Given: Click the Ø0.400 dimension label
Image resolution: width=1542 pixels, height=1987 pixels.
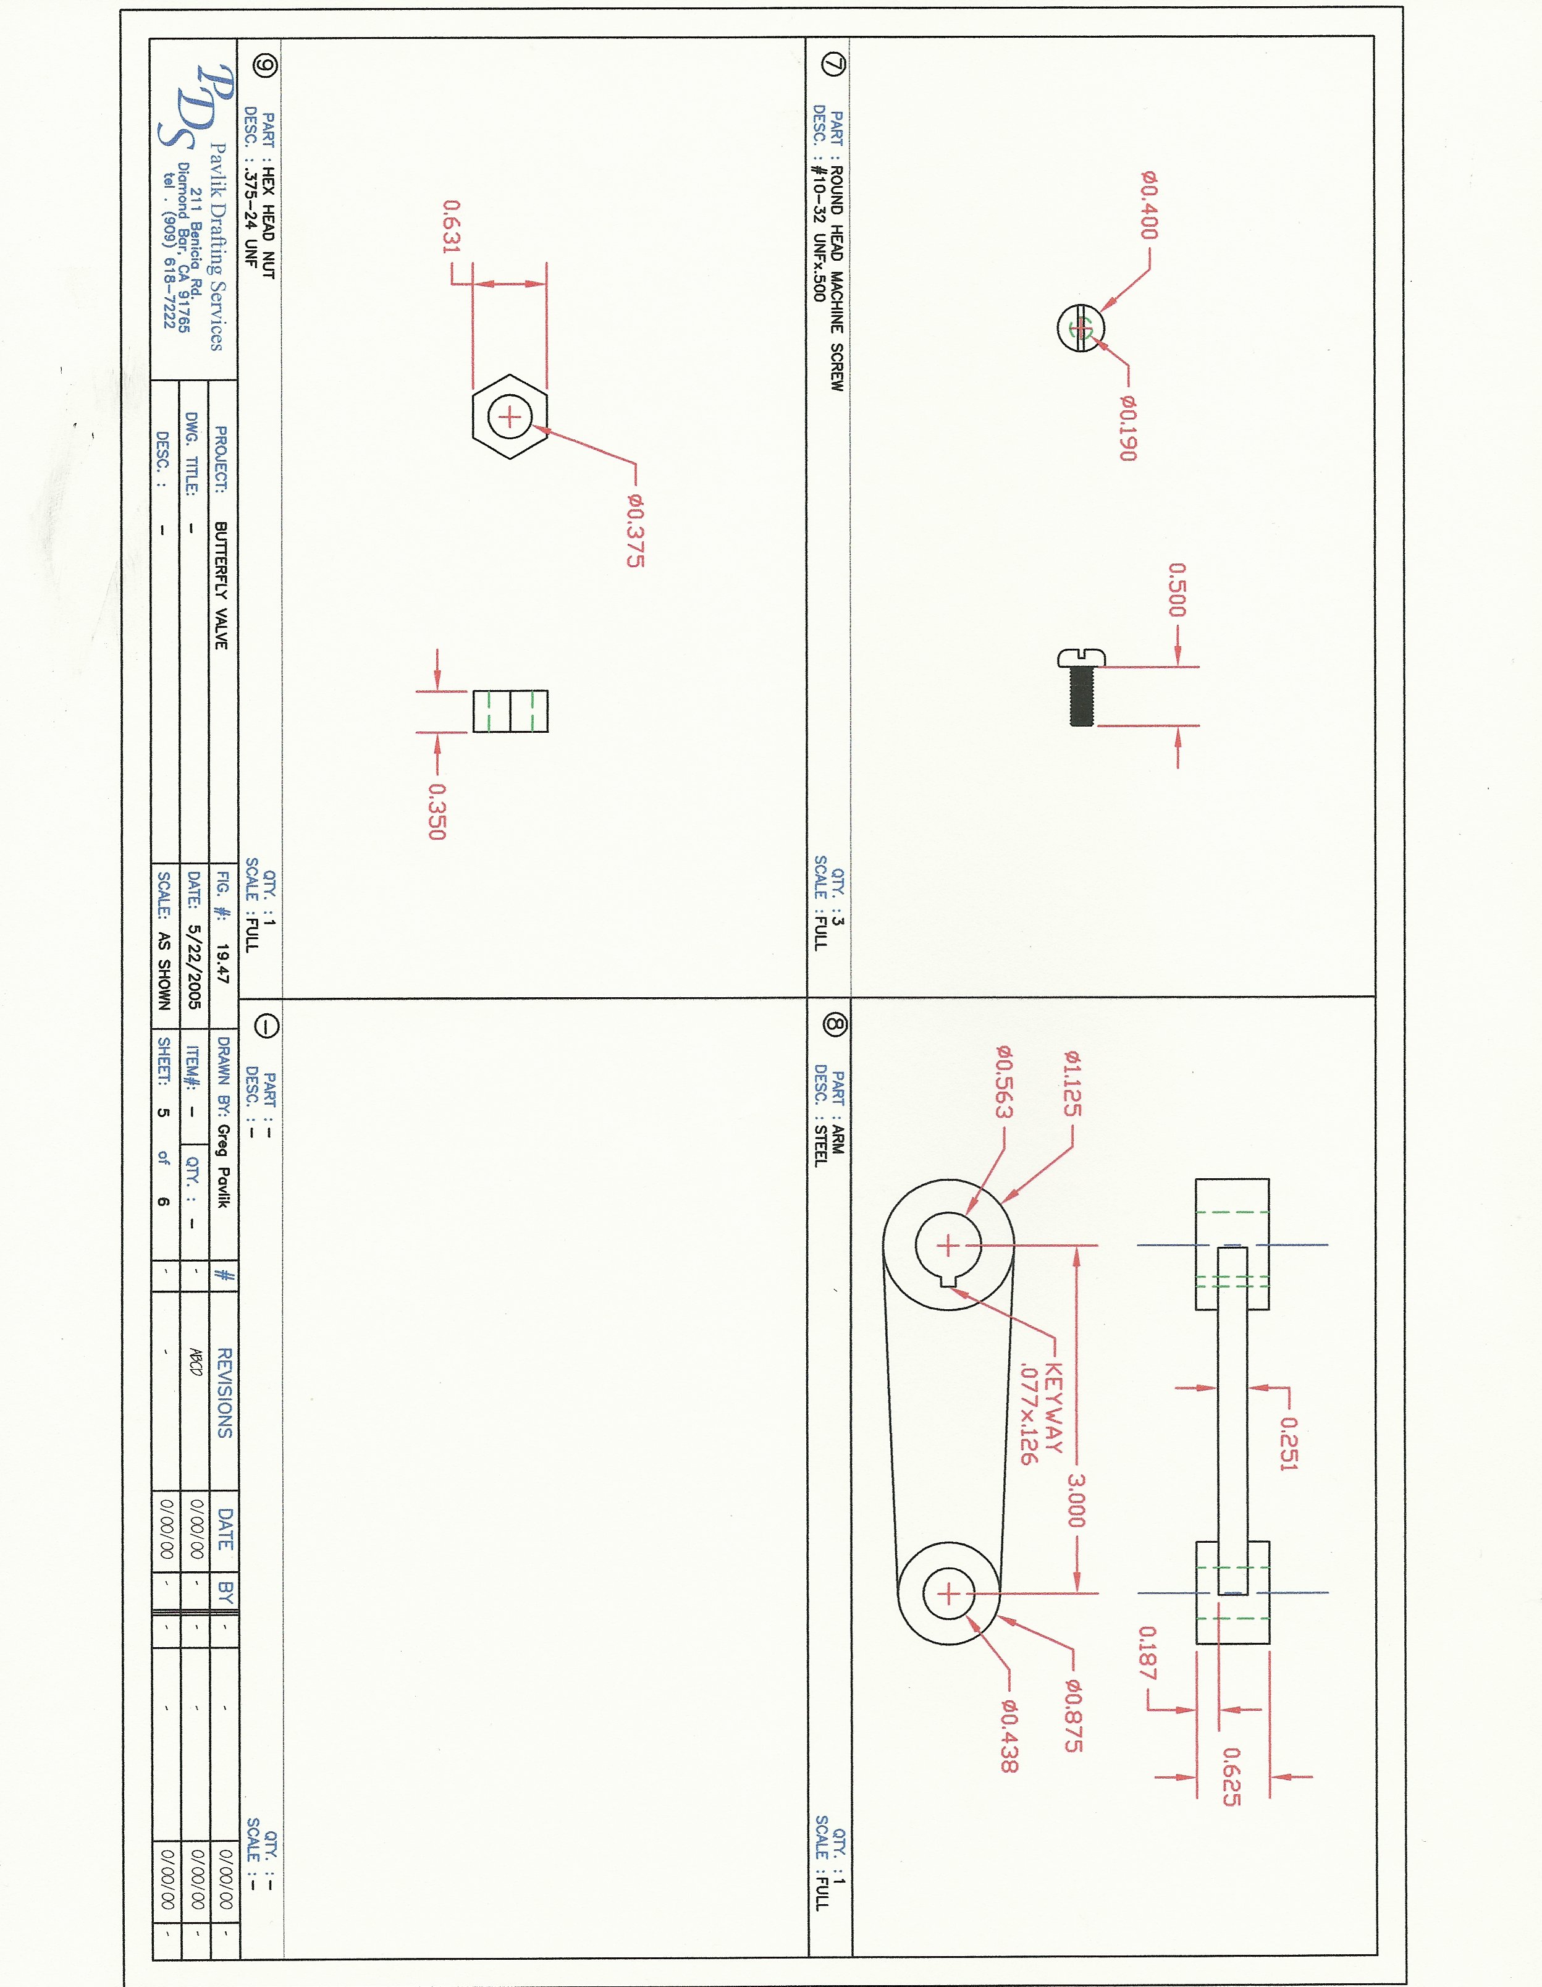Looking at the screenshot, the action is (1149, 206).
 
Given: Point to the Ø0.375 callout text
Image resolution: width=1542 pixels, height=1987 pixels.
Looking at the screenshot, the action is (635, 530).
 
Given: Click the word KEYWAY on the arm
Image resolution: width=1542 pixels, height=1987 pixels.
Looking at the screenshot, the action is (1053, 1407).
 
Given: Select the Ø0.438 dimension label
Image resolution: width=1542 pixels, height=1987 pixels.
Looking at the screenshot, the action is (1008, 1736).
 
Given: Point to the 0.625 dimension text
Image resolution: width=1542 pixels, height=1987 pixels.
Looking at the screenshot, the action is (1230, 1776).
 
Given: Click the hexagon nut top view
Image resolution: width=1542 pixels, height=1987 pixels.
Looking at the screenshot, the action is (510, 416).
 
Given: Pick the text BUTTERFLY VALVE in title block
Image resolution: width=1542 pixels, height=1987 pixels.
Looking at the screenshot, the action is (220, 585).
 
